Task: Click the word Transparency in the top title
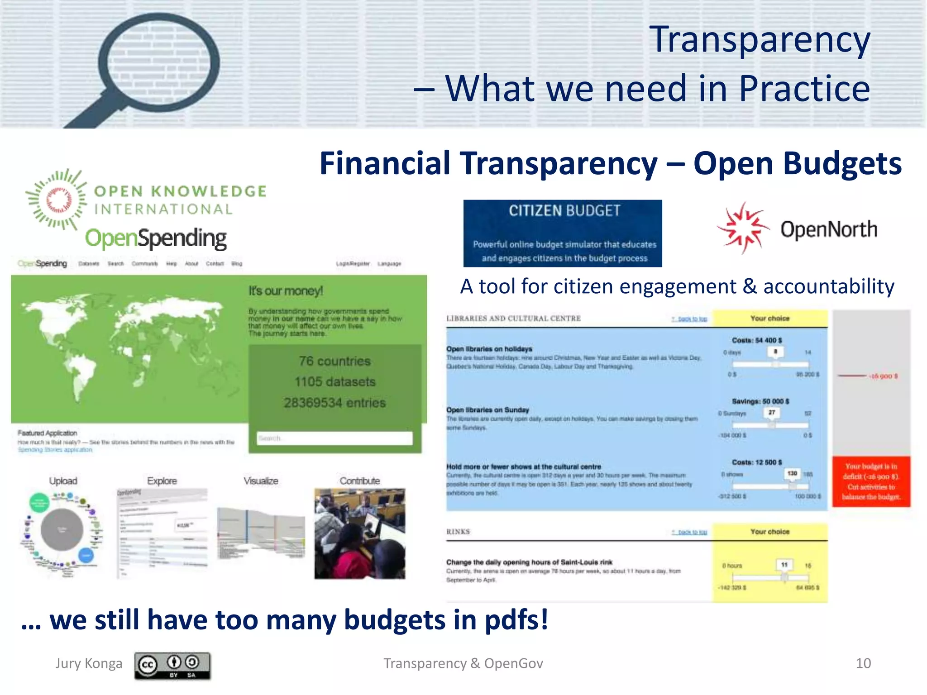coord(760,40)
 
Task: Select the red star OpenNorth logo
coord(742,228)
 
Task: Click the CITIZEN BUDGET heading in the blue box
coord(564,211)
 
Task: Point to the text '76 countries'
coord(334,361)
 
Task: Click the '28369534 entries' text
coord(334,403)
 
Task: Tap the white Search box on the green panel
coord(334,438)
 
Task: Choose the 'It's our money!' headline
coord(286,291)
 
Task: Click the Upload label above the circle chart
coord(63,481)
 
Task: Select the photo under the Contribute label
coord(360,533)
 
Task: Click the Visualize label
coord(261,481)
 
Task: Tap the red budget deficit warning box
coord(871,481)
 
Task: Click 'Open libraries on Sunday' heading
coord(487,410)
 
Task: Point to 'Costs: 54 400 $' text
coord(757,340)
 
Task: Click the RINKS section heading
coord(458,532)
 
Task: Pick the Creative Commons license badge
coord(172,666)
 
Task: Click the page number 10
coord(863,663)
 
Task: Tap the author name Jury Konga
coord(89,663)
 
